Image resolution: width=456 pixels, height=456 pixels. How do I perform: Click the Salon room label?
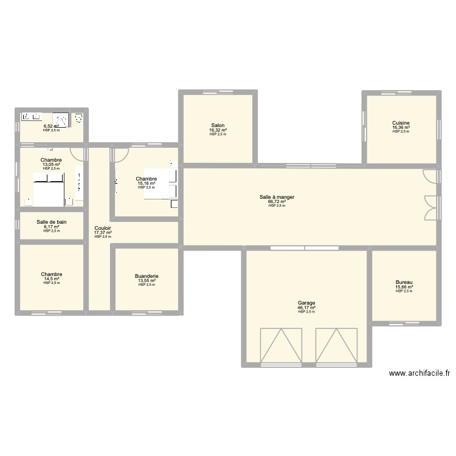tap(218, 125)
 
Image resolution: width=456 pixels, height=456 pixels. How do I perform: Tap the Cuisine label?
tap(401, 123)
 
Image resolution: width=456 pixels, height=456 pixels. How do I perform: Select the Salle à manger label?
tap(277, 197)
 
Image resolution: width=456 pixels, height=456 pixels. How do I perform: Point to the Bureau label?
tap(404, 282)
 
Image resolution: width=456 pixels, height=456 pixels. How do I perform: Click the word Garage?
tap(306, 303)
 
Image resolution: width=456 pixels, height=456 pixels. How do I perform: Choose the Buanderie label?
tap(147, 276)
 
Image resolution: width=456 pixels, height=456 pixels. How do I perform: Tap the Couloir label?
tap(103, 228)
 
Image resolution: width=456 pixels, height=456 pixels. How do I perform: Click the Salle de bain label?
tap(52, 222)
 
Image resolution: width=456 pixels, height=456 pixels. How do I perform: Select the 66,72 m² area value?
tap(277, 202)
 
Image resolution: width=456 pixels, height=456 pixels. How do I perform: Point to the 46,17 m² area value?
tap(306, 308)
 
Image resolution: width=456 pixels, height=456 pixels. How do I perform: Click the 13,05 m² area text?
tap(51, 164)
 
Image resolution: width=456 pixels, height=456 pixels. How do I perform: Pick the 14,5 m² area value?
tap(51, 278)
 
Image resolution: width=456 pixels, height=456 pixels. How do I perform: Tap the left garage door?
tap(281, 345)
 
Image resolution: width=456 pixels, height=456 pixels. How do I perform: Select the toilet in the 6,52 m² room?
tap(78, 118)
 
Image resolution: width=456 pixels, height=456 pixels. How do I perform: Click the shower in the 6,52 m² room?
tap(60, 119)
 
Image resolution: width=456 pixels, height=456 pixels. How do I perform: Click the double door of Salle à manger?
tap(430, 207)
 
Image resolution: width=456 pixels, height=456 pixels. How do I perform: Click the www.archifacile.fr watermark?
tap(419, 374)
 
